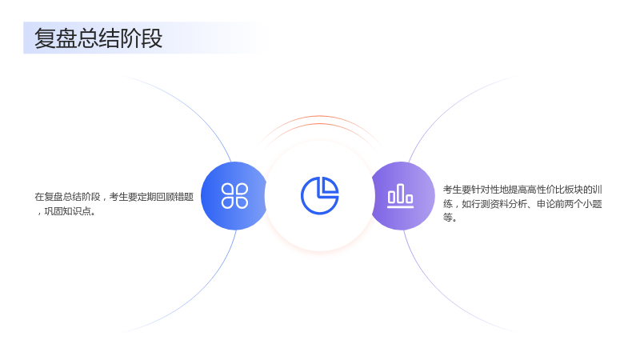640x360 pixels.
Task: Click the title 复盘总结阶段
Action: point(98,38)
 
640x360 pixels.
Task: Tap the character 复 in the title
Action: point(45,38)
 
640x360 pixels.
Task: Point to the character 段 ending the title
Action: point(152,38)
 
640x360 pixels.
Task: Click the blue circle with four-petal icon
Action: point(234,196)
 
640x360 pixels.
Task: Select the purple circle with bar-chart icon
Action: point(402,196)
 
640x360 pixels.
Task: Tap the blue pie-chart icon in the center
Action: point(319,195)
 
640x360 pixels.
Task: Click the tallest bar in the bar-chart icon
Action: point(401,193)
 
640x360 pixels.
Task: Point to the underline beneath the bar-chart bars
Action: point(401,206)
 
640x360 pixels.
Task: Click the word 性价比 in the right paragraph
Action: point(550,190)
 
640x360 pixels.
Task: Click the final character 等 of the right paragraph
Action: point(448,218)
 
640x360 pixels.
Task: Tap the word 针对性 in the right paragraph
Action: point(486,190)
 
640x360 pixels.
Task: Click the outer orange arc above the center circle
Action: point(319,117)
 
